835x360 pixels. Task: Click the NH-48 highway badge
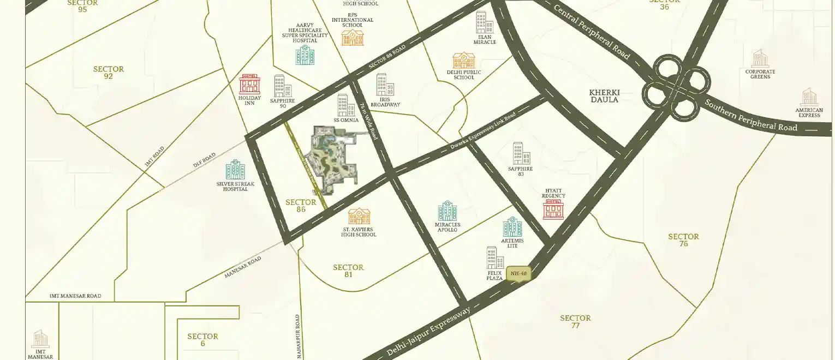(518, 274)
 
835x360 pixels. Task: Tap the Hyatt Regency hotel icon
(553, 209)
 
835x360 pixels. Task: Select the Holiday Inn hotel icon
(249, 84)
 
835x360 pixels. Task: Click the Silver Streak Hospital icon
(236, 170)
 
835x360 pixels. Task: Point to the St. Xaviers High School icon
(359, 217)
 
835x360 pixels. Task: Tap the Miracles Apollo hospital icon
(448, 211)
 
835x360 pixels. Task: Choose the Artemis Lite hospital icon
(512, 227)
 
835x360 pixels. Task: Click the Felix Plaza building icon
(495, 258)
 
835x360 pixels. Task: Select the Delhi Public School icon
(464, 60)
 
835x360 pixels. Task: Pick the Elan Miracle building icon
(484, 23)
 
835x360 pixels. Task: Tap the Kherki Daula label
(605, 96)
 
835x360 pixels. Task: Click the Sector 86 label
(301, 206)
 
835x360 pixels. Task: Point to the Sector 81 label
(348, 271)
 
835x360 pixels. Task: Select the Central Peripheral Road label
(592, 32)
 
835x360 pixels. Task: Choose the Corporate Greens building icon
(760, 58)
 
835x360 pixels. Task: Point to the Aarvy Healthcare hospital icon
(305, 55)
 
